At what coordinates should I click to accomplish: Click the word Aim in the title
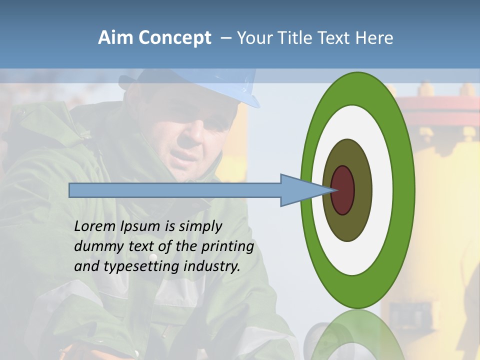click(113, 38)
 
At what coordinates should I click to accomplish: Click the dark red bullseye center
click(343, 190)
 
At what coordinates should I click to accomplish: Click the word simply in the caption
click(200, 226)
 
